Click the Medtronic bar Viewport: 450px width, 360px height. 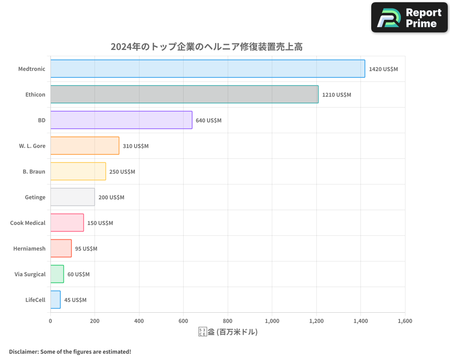click(x=207, y=69)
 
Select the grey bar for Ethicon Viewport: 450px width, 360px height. click(x=184, y=94)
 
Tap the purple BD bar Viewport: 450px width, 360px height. click(x=121, y=120)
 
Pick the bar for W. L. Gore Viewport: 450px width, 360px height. click(x=85, y=146)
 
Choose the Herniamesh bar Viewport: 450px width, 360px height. click(x=61, y=248)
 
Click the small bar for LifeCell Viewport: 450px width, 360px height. click(x=55, y=300)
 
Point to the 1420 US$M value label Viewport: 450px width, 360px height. click(x=383, y=69)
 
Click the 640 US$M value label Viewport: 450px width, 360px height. click(x=209, y=121)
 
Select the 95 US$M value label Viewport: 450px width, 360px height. click(x=86, y=249)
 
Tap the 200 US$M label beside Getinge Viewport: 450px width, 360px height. click(x=111, y=198)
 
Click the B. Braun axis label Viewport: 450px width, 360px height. click(x=34, y=171)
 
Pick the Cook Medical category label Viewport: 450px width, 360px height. click(x=28, y=223)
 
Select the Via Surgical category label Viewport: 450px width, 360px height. click(x=30, y=274)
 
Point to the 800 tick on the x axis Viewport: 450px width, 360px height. click(x=228, y=321)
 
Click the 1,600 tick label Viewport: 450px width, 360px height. click(x=405, y=321)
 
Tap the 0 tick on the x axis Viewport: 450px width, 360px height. click(x=50, y=321)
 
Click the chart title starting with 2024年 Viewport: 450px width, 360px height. click(x=207, y=47)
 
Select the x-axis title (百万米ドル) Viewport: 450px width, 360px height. click(x=228, y=332)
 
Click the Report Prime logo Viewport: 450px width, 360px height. click(x=409, y=18)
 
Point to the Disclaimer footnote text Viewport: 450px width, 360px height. click(x=70, y=351)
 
